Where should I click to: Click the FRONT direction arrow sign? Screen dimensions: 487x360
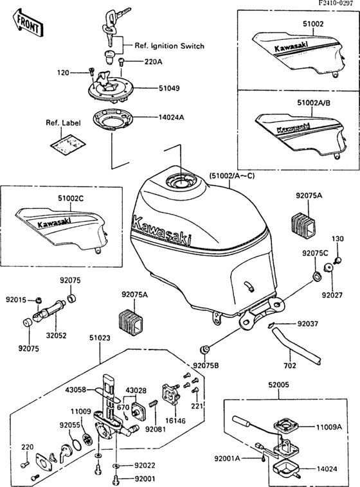click(x=28, y=23)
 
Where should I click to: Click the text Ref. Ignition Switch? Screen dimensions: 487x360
click(x=169, y=46)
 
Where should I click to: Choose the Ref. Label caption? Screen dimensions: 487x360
click(x=61, y=123)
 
